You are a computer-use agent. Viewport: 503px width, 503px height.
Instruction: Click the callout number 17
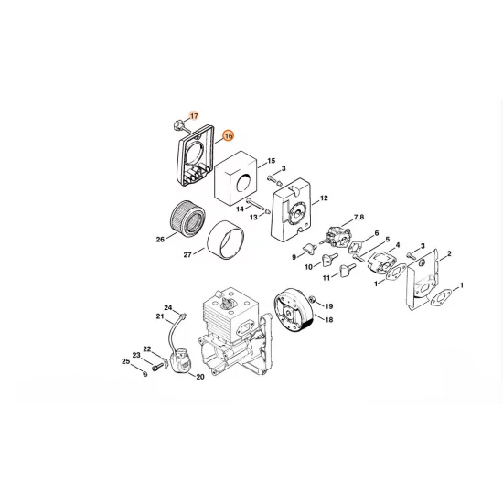pyautogui.click(x=193, y=115)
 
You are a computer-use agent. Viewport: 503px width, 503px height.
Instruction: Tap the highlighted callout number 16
pyautogui.click(x=228, y=134)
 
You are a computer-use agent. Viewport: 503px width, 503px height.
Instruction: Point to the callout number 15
pyautogui.click(x=271, y=161)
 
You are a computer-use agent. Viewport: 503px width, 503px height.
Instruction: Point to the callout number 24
pyautogui.click(x=168, y=307)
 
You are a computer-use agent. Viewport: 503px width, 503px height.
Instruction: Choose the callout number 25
pyautogui.click(x=125, y=362)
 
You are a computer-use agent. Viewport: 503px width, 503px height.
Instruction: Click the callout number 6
pyautogui.click(x=375, y=234)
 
